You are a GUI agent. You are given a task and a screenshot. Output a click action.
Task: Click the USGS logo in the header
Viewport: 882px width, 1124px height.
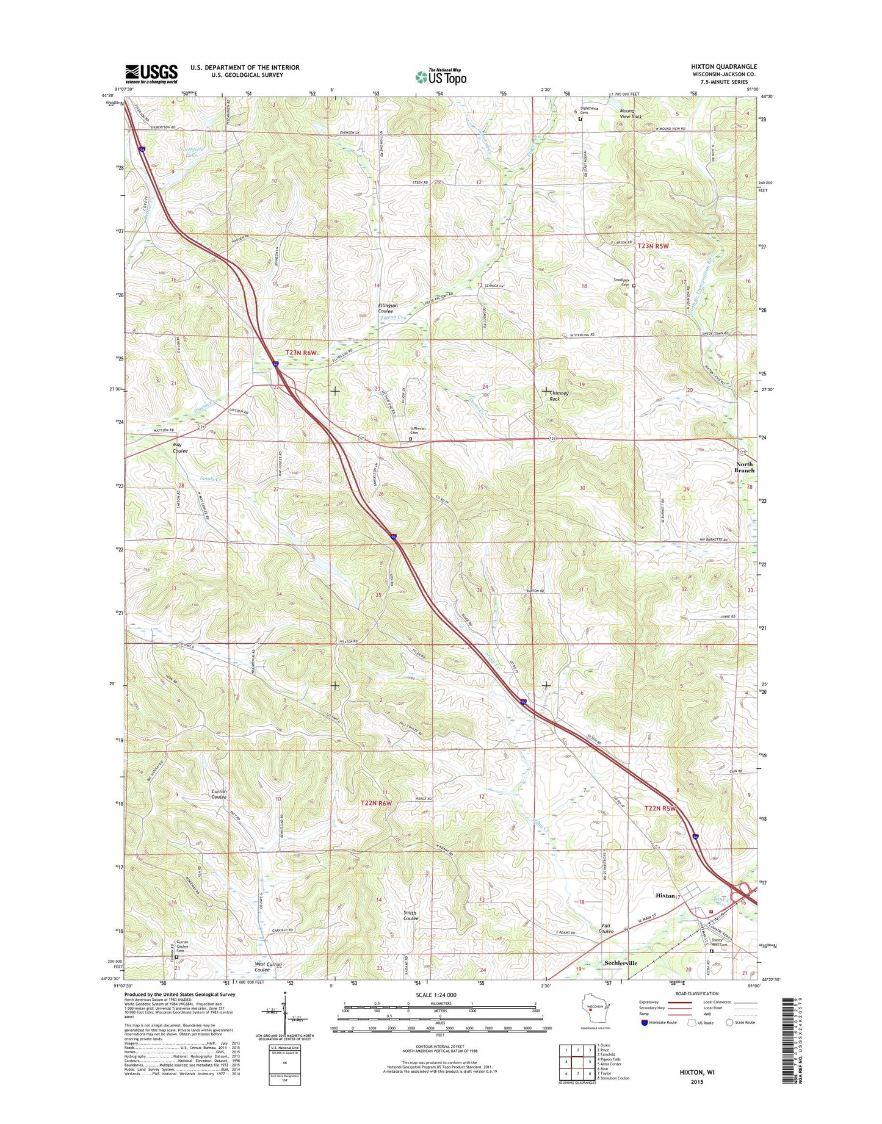tap(151, 74)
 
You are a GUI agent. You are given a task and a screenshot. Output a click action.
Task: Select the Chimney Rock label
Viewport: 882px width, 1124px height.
tap(559, 396)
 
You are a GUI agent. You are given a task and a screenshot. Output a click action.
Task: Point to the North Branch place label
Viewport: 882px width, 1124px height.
tap(744, 467)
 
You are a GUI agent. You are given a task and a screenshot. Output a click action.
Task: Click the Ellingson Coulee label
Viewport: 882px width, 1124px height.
tap(388, 308)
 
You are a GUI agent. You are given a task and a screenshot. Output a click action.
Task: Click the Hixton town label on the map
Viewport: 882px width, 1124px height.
tap(665, 896)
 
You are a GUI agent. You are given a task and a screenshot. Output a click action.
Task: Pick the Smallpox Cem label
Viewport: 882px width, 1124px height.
tap(621, 283)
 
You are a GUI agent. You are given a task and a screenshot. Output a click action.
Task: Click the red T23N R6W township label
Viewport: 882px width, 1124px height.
tap(302, 353)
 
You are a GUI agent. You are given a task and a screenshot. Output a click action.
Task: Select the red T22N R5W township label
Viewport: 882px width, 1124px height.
tap(660, 809)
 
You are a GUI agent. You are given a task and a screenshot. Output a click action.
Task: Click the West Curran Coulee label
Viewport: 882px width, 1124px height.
tap(268, 967)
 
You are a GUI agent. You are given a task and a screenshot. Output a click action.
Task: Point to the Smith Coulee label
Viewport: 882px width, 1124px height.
tap(410, 916)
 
